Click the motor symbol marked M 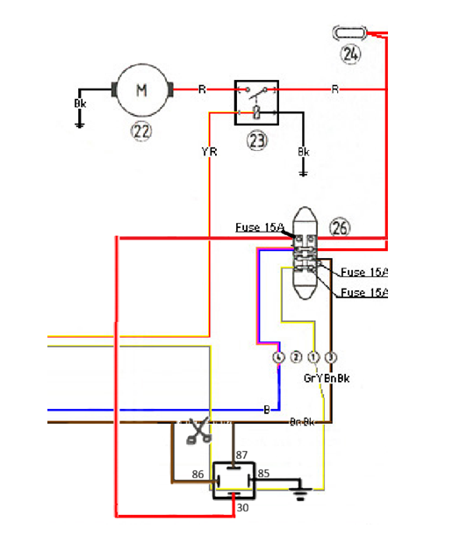[141, 89]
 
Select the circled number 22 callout [141, 132]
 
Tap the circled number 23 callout [256, 140]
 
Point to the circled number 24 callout [351, 54]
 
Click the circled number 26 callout [340, 227]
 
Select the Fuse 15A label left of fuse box [259, 227]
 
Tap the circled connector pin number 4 [279, 358]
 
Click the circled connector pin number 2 [297, 358]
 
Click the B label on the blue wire [267, 409]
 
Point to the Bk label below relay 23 [304, 152]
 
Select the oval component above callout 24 [350, 32]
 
